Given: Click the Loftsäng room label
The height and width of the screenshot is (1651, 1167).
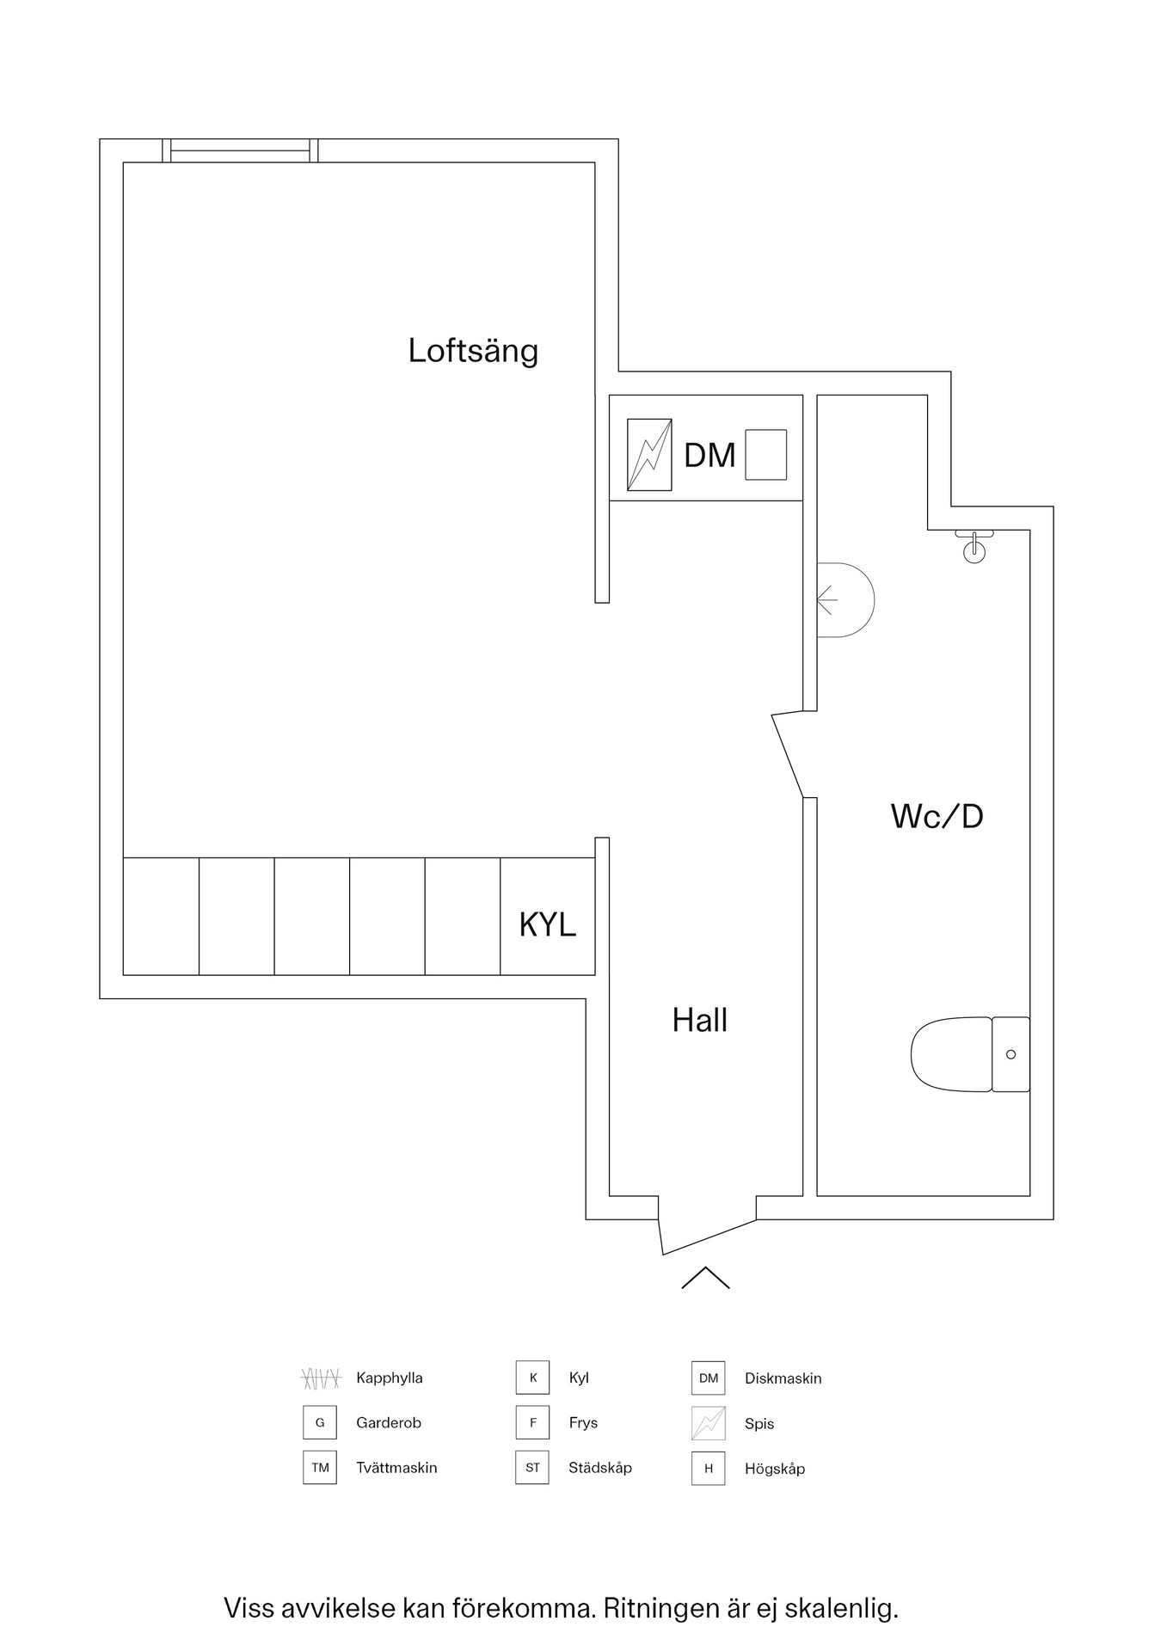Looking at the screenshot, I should pos(473,351).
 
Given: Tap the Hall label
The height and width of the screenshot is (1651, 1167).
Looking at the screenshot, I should pos(699,1021).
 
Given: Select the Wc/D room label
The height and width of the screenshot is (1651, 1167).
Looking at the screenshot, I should pos(937,816).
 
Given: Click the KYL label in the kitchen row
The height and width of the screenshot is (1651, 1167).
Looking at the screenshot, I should pos(547,924).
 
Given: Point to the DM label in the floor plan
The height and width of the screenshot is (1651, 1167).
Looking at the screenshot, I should pos(709,456).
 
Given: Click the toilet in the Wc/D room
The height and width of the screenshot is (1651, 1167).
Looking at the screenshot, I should pos(969,1054).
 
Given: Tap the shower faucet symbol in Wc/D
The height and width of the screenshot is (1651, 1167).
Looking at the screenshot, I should pos(974,546).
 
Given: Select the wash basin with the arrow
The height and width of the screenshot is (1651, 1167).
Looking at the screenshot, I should pos(845,600).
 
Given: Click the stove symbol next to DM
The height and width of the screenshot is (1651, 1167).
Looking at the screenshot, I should pos(649,455).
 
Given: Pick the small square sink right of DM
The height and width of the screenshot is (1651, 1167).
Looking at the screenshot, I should pos(765,455).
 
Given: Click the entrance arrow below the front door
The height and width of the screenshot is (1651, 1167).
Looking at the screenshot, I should pos(705,1279).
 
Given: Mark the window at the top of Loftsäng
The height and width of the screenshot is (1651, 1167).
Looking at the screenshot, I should pos(240,151).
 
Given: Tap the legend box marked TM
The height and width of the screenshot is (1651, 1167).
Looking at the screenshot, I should pos(320,1468).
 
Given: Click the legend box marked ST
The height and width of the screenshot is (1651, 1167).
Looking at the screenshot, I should pos(532,1468).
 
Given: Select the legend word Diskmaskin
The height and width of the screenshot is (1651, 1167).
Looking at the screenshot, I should pos(783,1378).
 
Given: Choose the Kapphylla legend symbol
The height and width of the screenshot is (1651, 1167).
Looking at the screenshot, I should pos(321,1378).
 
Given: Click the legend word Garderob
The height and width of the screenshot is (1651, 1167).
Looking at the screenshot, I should pos(388,1423).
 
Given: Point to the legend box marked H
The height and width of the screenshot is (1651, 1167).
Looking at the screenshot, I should pos(708,1469).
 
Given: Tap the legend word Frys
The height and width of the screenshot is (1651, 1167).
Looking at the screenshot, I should pos(582,1423).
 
